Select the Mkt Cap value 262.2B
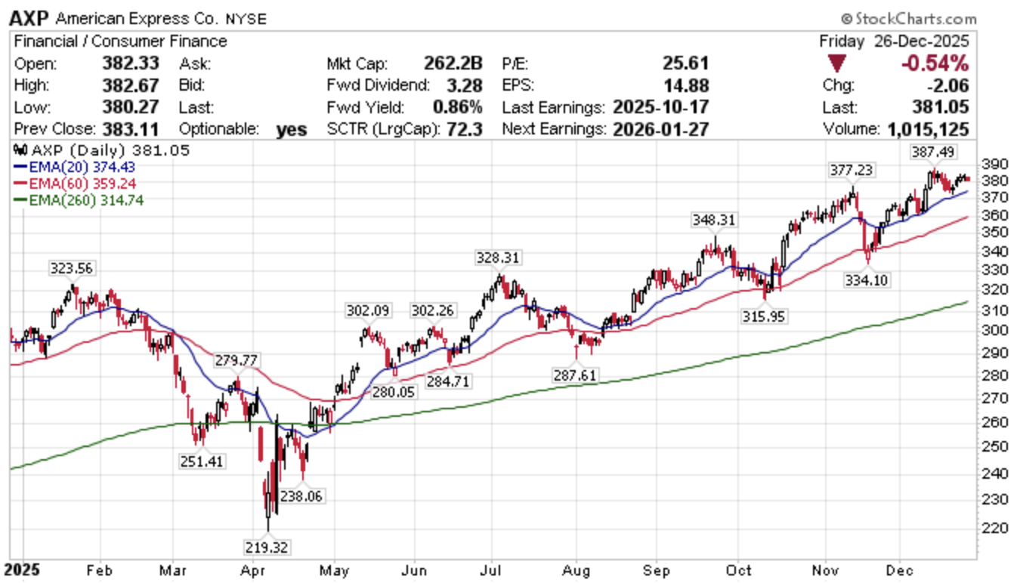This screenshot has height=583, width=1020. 453,63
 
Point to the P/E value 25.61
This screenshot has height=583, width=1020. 688,63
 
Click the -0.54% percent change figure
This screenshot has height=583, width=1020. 935,63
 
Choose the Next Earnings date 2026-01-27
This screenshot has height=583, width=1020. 661,129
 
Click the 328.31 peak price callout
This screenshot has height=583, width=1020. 497,258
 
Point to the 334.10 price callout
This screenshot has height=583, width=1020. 867,280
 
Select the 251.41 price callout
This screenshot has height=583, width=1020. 201,461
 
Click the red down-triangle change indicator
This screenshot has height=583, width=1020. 836,63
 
